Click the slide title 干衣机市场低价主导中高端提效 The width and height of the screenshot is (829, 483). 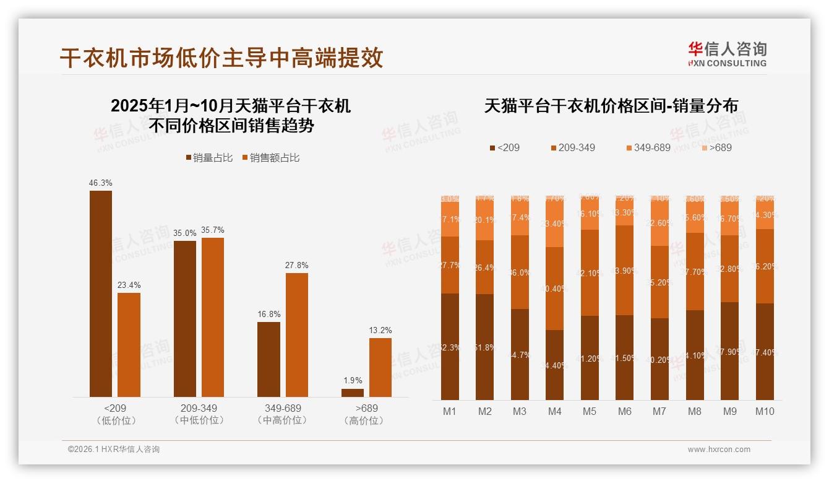[x=221, y=58]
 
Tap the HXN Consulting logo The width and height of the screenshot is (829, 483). [x=727, y=54]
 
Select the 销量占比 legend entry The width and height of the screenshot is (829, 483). [x=210, y=158]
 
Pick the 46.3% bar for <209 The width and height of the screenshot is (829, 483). [x=101, y=294]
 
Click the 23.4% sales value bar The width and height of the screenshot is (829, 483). [x=129, y=345]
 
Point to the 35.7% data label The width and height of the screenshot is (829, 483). [x=212, y=230]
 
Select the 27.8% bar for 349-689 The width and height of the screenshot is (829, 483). [x=296, y=335]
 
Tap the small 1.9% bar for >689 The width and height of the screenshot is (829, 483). [x=353, y=393]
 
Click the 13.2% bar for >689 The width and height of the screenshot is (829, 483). [x=380, y=367]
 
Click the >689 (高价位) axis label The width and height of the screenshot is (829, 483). [x=366, y=414]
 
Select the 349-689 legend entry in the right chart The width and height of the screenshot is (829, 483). [x=648, y=148]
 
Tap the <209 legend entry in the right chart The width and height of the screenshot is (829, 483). [x=505, y=148]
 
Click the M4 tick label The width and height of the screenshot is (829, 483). [x=554, y=411]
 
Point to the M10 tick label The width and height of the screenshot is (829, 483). [x=765, y=411]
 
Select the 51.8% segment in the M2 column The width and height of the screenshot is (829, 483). [x=485, y=347]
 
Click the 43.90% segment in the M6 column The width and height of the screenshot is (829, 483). [x=625, y=270]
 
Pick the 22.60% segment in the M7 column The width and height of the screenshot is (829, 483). [x=659, y=224]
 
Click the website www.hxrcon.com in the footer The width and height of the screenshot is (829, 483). [x=719, y=450]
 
